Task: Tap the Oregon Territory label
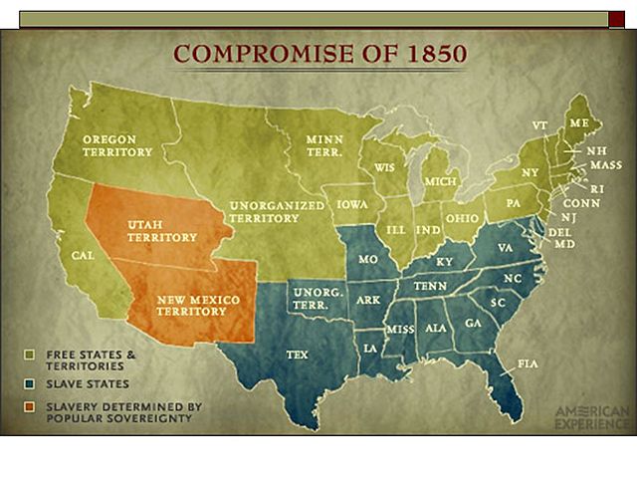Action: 117,145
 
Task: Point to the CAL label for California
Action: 83,256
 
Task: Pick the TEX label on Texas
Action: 298,354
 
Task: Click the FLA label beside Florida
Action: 528,363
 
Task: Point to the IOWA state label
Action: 352,204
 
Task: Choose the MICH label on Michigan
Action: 440,183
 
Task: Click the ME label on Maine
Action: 578,122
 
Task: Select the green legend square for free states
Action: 31,354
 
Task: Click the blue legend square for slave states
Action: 31,381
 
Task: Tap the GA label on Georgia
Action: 473,323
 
